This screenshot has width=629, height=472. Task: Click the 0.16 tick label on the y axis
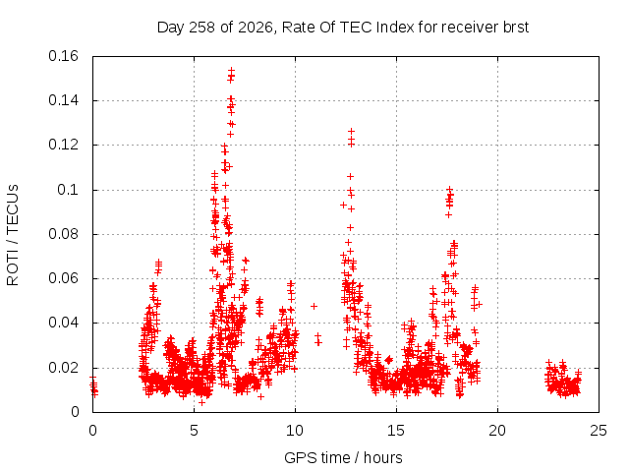63,56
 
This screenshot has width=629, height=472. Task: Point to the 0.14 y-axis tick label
63,100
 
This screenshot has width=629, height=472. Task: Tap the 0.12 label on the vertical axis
63,145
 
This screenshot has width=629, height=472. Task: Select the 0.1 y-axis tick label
68,190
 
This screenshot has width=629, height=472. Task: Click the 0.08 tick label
63,234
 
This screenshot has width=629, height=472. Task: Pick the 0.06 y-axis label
63,278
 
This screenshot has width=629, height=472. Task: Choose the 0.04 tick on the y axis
63,323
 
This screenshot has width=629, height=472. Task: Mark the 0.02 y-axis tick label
63,368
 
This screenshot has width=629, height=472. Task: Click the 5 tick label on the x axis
195,431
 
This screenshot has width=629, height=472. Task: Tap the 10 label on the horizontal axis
295,431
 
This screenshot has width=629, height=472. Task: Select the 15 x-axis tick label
396,431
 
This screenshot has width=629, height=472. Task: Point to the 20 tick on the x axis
497,431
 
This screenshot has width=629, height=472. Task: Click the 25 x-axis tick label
599,431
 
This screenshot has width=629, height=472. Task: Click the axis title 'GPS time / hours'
343,457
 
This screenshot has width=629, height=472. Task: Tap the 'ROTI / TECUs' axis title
13,235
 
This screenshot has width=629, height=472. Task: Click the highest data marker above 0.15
232,70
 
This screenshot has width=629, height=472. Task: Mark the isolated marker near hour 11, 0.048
314,306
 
